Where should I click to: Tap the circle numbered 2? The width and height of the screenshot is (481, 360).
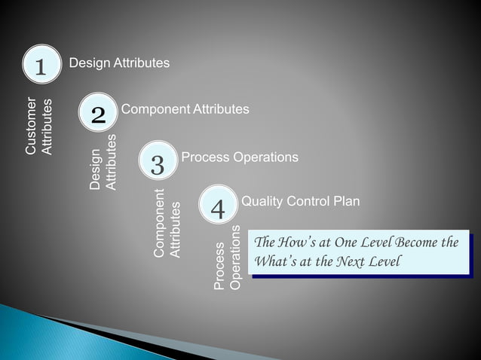coord(98,114)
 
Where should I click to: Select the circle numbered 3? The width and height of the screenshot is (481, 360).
coord(158,163)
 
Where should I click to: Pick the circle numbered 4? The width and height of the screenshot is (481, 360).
coord(217,209)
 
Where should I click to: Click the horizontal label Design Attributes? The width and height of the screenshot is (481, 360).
coord(119,63)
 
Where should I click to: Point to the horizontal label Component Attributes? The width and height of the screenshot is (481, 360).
coord(185,110)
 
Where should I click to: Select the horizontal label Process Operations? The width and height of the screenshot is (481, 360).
coord(240,157)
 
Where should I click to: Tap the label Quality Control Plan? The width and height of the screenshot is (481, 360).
coord(300,202)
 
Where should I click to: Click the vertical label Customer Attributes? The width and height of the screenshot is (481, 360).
coord(38,126)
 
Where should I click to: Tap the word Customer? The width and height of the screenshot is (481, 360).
coord(31,126)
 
